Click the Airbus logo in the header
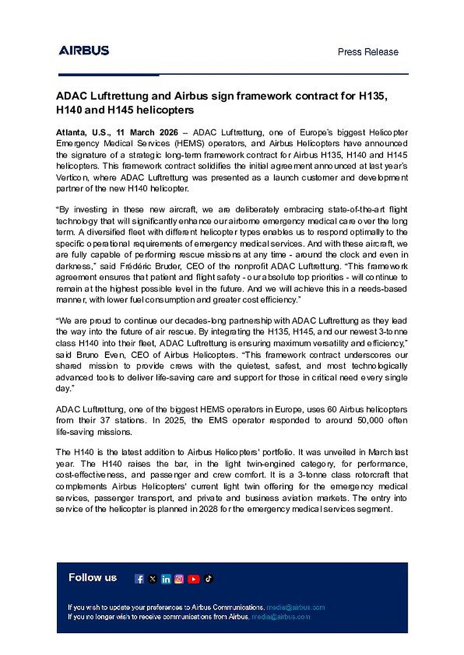click(x=84, y=51)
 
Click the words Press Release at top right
click(x=368, y=52)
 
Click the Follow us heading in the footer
click(x=93, y=577)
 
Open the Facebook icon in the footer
click(x=139, y=579)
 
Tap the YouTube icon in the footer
click(x=193, y=579)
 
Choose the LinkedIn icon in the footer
click(x=166, y=579)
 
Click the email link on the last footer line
click(x=280, y=617)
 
